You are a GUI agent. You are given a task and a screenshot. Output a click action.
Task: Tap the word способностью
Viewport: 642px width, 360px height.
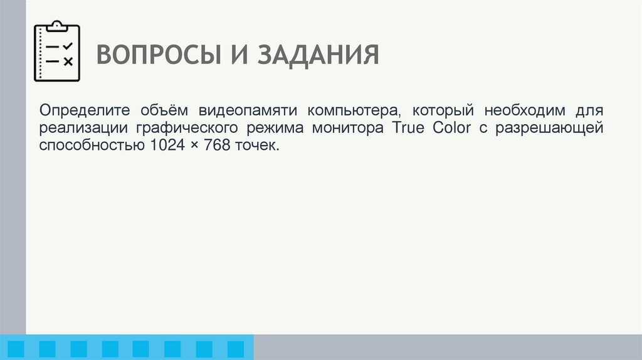click(x=92, y=146)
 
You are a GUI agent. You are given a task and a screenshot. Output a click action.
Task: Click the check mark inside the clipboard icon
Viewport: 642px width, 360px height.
click(x=68, y=46)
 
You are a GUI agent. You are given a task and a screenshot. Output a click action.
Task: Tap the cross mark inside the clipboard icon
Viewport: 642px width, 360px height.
click(x=68, y=61)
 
